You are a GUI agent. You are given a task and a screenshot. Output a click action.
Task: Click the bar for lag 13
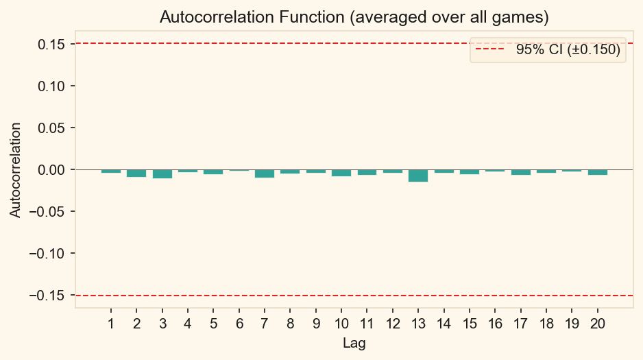tap(418, 176)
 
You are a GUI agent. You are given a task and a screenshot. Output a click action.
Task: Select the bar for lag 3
tap(162, 174)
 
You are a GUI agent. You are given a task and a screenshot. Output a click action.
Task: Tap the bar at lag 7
tap(265, 173)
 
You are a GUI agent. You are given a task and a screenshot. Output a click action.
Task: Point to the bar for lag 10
tap(341, 173)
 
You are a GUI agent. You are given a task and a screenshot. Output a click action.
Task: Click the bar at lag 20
tap(598, 172)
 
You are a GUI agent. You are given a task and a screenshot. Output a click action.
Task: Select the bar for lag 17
tap(521, 172)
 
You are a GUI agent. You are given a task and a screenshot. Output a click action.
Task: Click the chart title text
tap(354, 16)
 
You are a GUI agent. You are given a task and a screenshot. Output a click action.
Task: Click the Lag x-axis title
tap(354, 344)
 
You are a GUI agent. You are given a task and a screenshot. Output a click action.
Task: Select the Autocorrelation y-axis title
tap(15, 170)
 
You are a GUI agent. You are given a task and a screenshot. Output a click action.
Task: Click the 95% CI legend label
tap(568, 50)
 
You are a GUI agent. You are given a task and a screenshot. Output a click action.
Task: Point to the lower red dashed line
tap(343, 296)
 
